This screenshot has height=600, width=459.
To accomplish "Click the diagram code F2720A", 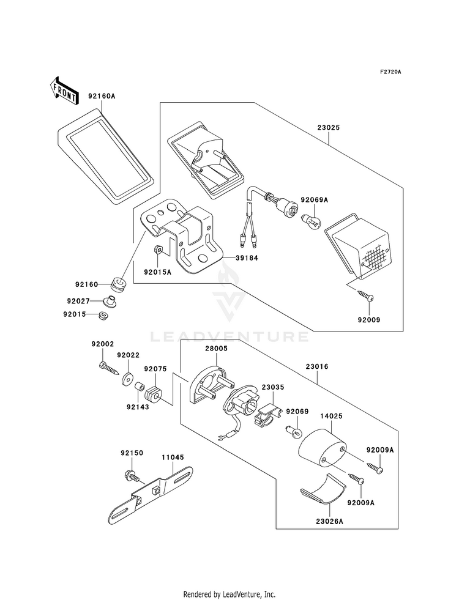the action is click(390, 72).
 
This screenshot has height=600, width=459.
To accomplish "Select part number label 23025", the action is click(329, 128).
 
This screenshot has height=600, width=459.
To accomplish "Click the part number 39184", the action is click(247, 258).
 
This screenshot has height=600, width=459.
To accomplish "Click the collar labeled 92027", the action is click(111, 301).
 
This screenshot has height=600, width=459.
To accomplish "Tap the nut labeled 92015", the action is click(102, 316).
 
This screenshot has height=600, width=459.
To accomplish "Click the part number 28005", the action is click(216, 349).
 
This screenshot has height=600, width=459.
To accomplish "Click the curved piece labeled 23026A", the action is click(324, 490).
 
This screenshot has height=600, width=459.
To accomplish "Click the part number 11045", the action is click(172, 457).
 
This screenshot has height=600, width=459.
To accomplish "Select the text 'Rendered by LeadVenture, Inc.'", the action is click(229, 594).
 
